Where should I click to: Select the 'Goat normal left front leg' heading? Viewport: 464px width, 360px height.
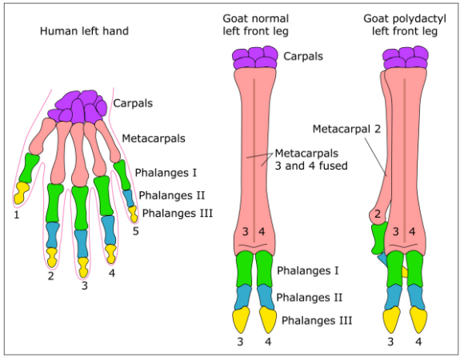255,25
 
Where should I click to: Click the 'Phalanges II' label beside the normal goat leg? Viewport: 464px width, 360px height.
310,297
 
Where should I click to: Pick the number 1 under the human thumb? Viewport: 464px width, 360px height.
15,214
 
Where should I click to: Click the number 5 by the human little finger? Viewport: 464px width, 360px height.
135,232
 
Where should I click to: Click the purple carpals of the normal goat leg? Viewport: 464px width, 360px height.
255,58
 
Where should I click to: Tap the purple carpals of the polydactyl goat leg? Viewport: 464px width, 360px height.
403,58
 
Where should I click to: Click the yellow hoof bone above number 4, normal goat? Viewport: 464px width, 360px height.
267,320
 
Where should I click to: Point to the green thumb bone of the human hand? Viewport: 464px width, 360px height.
30,167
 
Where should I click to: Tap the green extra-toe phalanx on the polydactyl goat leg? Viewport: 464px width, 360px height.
378,238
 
